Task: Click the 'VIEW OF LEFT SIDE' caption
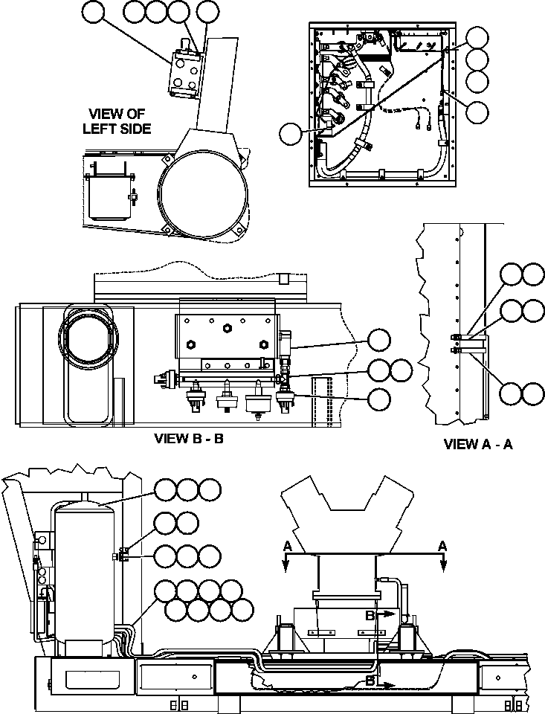click(x=120, y=121)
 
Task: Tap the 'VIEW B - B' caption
click(x=189, y=438)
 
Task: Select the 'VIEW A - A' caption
click(x=478, y=444)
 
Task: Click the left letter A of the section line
click(x=286, y=546)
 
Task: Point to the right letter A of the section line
click(x=442, y=546)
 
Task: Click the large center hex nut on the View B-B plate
click(x=227, y=327)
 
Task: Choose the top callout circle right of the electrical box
click(x=478, y=38)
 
